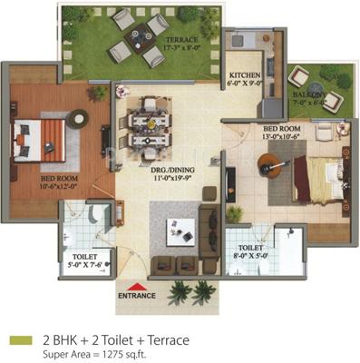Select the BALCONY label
(x=308, y=97)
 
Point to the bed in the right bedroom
(x=319, y=176)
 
